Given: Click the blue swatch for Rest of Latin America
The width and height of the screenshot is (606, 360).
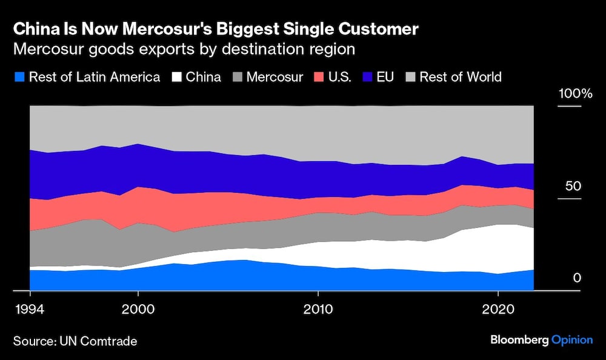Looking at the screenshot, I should (x=19, y=77).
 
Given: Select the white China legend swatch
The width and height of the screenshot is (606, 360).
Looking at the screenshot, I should (x=177, y=77).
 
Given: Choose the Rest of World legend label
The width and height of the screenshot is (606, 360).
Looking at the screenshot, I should (x=461, y=77).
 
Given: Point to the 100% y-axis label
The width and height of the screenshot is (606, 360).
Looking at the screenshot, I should (x=574, y=94).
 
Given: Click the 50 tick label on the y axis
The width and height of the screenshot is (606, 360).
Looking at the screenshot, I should (x=573, y=186).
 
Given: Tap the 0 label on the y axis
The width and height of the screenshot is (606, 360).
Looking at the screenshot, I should (x=577, y=278).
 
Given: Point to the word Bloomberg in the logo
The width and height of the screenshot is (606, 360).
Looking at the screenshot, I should (x=519, y=340).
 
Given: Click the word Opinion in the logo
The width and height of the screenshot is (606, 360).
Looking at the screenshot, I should (x=571, y=340).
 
